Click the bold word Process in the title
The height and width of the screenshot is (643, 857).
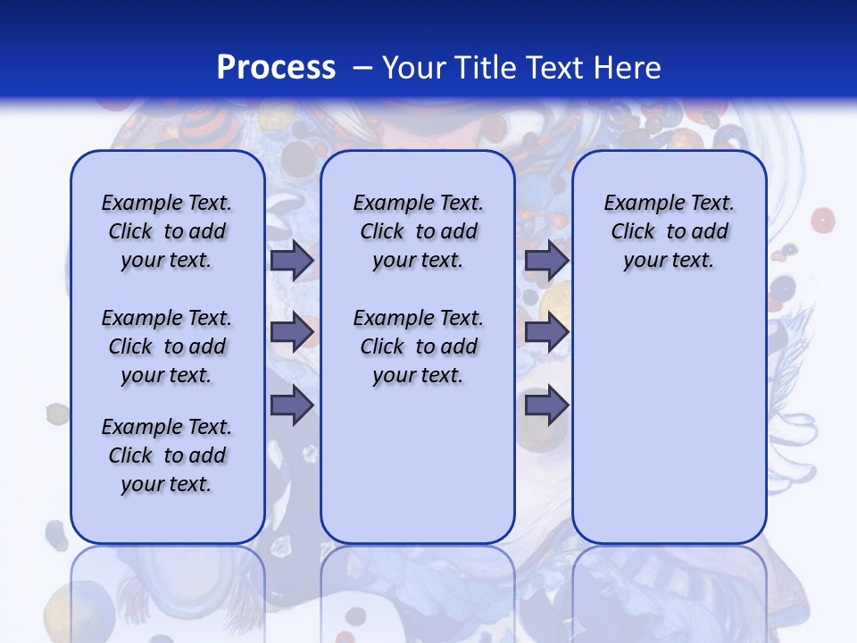(x=276, y=67)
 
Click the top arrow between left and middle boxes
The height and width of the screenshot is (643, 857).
(x=292, y=261)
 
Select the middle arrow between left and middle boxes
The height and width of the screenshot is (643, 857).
(x=292, y=333)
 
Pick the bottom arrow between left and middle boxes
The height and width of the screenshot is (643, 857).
(x=292, y=405)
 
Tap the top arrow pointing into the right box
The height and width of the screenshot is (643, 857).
(x=546, y=261)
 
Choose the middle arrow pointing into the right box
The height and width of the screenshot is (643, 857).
(x=546, y=333)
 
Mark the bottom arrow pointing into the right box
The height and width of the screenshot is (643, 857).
(x=546, y=405)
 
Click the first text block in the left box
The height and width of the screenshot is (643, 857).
(x=167, y=231)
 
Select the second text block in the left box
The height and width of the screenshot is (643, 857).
(x=167, y=347)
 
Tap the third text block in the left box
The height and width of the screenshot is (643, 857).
(x=167, y=455)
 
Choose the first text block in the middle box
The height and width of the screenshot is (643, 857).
(x=418, y=231)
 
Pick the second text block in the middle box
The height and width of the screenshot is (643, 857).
(x=418, y=347)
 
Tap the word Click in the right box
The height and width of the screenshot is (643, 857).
(x=633, y=232)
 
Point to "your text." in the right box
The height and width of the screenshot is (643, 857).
(x=669, y=261)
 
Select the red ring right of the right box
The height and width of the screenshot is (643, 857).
(x=822, y=220)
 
